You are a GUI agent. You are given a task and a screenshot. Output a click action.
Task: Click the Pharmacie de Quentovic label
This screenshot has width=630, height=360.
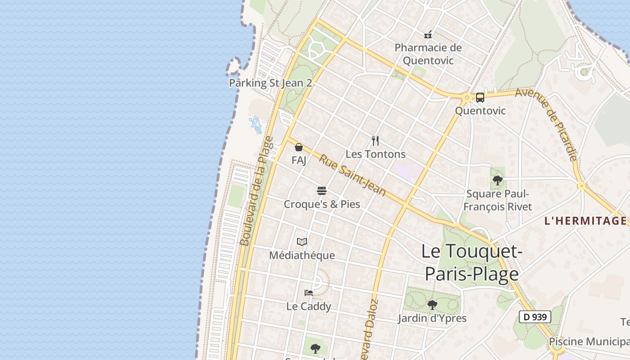point(428,54)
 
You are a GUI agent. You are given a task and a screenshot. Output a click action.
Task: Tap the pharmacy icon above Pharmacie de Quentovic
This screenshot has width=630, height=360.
point(428,34)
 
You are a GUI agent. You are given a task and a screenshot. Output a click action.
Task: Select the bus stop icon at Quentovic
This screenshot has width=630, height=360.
point(480,98)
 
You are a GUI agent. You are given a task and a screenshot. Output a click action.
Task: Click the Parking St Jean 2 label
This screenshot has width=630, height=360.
point(270,83)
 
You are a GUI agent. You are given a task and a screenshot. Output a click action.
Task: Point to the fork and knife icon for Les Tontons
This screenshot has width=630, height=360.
point(375,141)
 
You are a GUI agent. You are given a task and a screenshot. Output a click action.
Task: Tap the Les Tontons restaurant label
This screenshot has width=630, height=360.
point(375,154)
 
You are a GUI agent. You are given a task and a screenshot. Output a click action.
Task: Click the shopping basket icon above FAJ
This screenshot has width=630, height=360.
point(298,147)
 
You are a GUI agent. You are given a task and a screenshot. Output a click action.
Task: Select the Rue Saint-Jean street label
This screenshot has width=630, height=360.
point(352,175)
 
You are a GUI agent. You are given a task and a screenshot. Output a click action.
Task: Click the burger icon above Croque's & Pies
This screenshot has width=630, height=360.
point(321,191)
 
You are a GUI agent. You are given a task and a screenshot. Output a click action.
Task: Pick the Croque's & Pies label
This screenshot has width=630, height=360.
point(322,204)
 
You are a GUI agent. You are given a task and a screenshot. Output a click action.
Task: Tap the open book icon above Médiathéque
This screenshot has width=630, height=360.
point(302,242)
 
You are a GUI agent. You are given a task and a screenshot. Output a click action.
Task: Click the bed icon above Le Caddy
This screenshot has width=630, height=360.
point(309,293)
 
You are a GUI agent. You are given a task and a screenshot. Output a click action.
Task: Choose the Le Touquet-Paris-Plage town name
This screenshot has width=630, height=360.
point(472,262)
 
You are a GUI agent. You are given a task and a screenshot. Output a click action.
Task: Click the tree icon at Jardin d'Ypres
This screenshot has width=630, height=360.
point(432,305)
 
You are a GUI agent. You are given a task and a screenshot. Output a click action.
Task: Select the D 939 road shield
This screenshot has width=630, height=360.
point(535,317)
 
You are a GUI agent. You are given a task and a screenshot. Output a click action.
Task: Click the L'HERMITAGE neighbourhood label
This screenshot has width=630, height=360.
point(585,221)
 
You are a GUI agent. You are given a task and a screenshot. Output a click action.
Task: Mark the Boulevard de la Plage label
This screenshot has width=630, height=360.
point(256,191)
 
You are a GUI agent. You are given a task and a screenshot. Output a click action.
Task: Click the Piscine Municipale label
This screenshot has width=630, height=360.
point(589,342)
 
